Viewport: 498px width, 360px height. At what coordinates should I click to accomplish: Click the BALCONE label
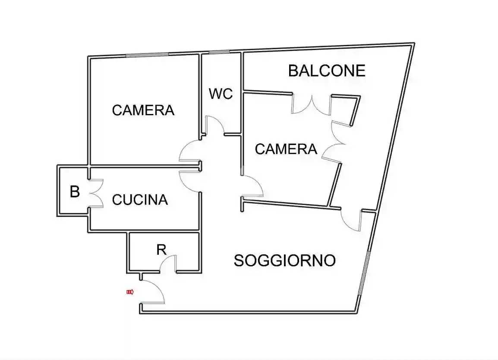327,70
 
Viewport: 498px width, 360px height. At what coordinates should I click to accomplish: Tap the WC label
221,94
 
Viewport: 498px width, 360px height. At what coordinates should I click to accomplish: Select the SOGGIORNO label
285,260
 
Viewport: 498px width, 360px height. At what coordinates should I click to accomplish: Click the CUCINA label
140,200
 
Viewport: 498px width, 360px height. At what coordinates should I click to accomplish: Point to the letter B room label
75,192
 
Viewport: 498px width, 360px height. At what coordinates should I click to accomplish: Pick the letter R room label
161,250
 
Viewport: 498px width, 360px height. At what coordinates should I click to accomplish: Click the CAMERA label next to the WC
143,110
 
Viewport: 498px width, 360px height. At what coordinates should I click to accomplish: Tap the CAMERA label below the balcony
286,149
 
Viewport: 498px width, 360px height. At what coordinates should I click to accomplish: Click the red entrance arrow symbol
130,292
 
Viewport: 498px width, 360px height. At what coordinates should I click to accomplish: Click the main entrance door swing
154,291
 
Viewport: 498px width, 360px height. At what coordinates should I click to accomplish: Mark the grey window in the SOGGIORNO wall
364,274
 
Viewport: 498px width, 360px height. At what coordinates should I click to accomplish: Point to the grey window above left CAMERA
147,55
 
